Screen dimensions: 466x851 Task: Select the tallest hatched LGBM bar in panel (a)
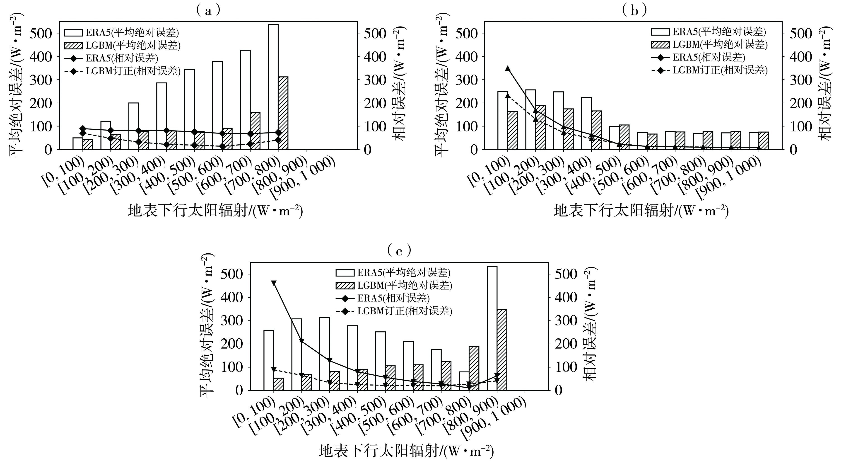point(283,113)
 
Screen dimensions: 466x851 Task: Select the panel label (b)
point(634,11)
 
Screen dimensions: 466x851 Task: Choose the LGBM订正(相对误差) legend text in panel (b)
point(720,70)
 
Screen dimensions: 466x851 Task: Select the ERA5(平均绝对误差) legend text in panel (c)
point(404,272)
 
